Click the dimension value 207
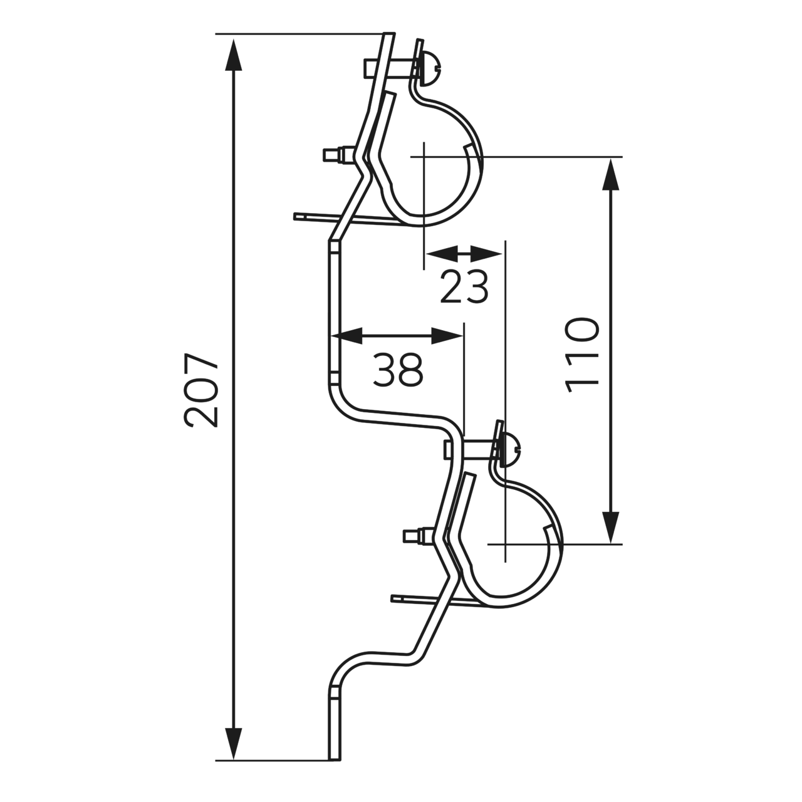tap(201, 390)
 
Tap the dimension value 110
tap(583, 356)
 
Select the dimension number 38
tap(398, 370)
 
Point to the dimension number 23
tap(464, 286)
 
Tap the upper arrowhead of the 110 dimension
tap(610, 174)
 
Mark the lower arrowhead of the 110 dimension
tap(610, 528)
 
